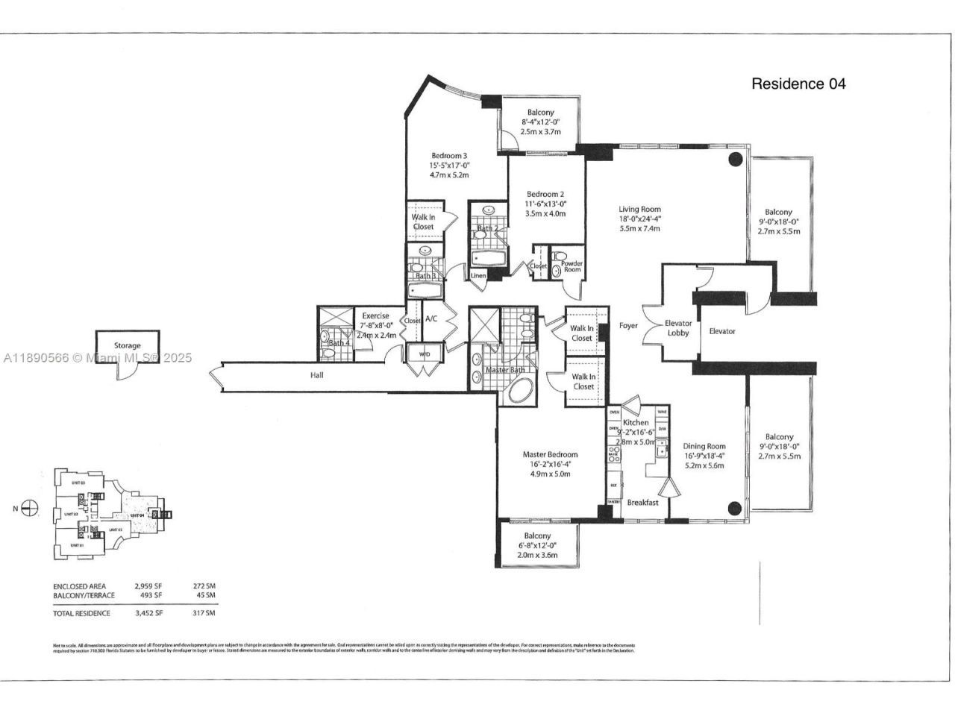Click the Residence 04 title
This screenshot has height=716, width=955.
798,84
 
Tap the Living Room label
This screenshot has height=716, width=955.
639,210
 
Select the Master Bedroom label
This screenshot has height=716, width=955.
550,455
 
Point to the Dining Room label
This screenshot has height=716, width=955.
704,447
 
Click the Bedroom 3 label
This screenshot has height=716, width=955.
448,157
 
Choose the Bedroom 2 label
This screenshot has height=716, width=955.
545,194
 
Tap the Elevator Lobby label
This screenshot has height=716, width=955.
678,328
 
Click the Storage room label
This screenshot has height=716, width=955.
127,346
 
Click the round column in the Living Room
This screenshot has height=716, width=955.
735,159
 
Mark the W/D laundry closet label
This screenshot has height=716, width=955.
425,354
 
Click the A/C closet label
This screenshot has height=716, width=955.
431,319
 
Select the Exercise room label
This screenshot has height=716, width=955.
375,316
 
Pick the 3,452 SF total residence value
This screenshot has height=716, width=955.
148,613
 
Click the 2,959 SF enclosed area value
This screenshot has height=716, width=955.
148,586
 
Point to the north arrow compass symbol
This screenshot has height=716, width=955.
30,509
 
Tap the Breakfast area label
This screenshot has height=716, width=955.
642,503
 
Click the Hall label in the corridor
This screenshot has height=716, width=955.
317,375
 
